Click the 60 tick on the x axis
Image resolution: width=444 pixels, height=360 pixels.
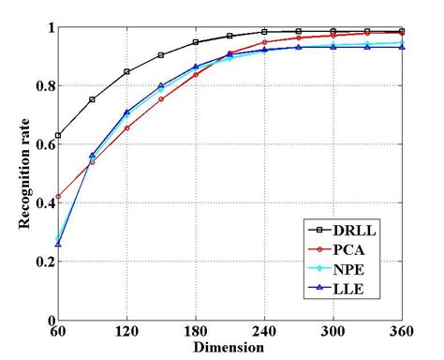tap(58, 332)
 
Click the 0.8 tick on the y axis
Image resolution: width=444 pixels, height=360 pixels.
tap(42, 85)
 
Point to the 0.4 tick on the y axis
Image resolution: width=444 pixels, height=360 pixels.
tap(42, 202)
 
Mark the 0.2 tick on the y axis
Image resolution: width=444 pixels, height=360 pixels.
tap(42, 262)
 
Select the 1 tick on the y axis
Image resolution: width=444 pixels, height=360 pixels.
tap(47, 27)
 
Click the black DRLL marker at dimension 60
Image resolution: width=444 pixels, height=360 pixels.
tap(58, 136)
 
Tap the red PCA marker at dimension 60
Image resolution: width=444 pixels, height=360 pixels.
tap(58, 197)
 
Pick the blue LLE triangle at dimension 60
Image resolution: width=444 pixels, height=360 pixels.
tap(58, 244)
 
